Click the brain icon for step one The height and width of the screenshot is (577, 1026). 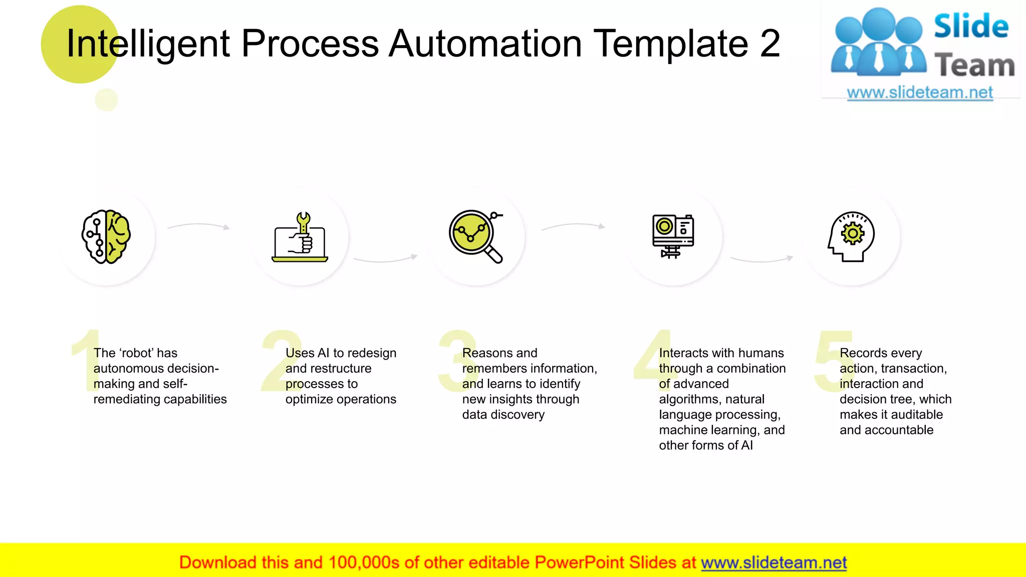click(106, 236)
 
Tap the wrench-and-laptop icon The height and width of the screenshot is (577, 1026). click(300, 237)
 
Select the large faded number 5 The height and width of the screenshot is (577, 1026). click(829, 361)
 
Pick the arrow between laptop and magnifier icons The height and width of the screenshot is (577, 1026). click(385, 259)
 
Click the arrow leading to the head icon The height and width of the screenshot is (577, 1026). click(762, 259)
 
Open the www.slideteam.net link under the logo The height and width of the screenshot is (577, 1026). click(920, 93)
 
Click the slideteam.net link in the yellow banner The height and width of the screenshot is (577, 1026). click(774, 562)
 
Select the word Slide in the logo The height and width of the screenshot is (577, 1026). click(971, 26)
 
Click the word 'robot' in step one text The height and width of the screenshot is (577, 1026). click(136, 353)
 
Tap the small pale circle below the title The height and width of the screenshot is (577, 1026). click(106, 100)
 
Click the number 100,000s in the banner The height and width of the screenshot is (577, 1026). click(364, 562)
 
